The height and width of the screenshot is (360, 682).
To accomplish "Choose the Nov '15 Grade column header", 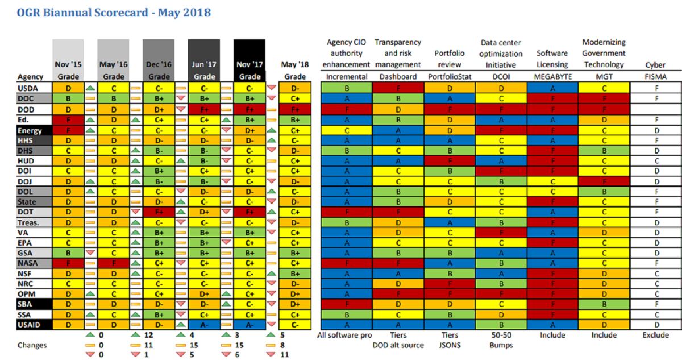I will (68, 70).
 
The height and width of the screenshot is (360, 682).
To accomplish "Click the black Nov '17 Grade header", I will (249, 70).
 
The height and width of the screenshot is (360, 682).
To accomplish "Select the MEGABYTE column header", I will (552, 76).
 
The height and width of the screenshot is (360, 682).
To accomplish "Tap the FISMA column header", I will (655, 76).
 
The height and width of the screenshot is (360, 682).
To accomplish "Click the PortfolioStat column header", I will (450, 76).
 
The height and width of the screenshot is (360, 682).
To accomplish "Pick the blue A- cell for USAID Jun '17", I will (204, 324).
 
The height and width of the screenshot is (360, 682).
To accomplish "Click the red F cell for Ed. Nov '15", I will (68, 119).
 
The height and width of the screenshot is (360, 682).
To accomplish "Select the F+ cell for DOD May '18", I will (295, 109).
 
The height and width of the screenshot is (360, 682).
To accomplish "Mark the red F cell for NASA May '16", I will (113, 263).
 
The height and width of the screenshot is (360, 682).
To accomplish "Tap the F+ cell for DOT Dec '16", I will (159, 212).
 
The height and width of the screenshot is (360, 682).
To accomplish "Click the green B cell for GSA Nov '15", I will (68, 253).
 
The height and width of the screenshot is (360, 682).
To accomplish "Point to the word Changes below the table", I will (32, 345).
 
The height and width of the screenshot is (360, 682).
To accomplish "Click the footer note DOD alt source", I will (398, 345).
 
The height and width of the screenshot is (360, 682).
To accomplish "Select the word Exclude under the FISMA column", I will (655, 335).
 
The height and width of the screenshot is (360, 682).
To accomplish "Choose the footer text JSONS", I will (450, 345).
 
